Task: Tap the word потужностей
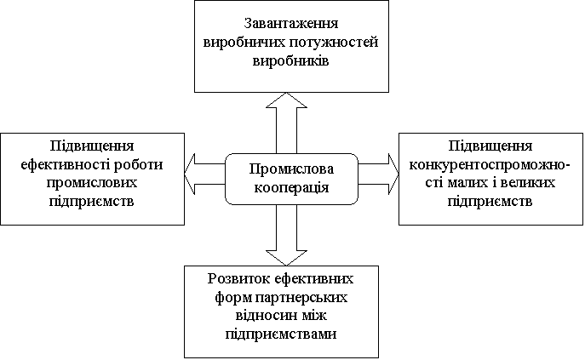pyautogui.click(x=333, y=42)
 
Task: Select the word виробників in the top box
pyautogui.click(x=285, y=62)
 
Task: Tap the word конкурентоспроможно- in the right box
pyautogui.click(x=490, y=164)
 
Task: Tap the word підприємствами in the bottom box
pyautogui.click(x=282, y=334)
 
